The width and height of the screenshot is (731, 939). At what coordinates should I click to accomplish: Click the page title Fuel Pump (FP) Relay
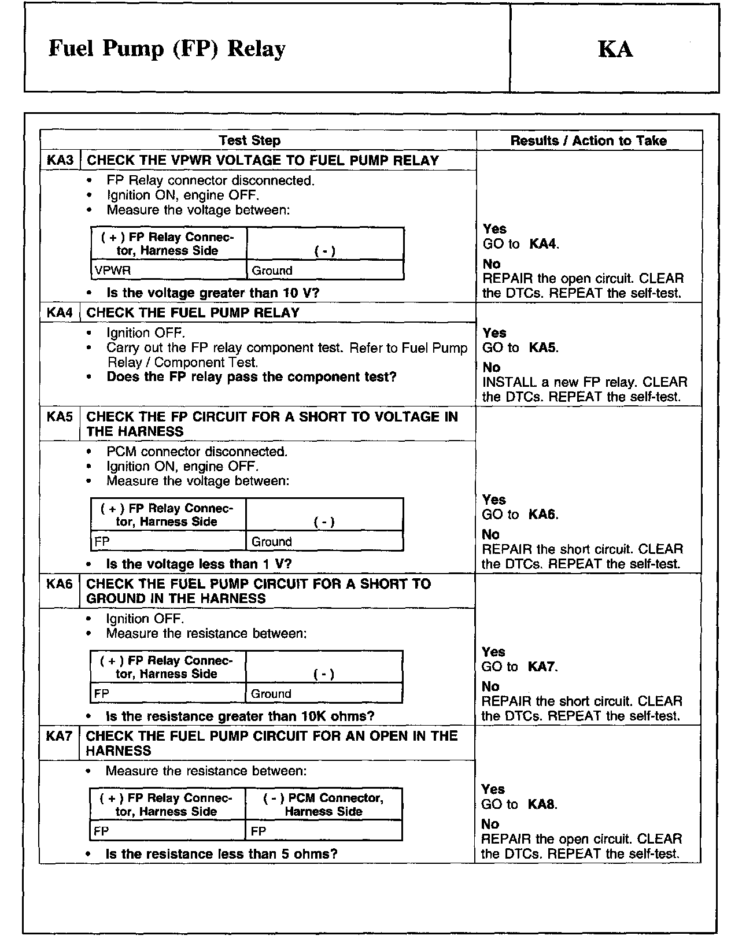click(167, 49)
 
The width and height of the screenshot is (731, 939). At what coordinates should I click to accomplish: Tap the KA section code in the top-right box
click(615, 49)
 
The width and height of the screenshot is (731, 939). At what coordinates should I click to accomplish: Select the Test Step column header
click(249, 141)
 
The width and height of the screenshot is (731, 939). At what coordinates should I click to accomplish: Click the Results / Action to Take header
click(588, 141)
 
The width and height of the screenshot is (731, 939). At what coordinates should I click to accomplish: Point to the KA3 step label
click(60, 160)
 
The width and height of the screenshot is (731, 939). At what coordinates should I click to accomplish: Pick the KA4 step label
click(60, 313)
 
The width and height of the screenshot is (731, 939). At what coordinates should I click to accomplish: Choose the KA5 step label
click(60, 416)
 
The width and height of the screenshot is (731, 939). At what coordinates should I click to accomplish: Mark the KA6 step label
click(60, 583)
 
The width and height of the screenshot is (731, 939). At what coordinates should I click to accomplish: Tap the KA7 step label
click(60, 736)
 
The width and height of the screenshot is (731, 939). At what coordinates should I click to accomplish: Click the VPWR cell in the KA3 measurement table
click(113, 271)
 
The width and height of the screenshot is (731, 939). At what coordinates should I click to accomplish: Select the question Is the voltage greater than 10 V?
click(212, 293)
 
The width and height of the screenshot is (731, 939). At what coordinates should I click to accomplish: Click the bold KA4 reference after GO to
click(543, 244)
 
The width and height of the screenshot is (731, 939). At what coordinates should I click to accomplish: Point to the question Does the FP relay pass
click(251, 377)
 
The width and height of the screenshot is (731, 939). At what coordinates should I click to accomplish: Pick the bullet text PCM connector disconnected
click(197, 452)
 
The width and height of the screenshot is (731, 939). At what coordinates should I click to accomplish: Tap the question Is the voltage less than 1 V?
click(198, 564)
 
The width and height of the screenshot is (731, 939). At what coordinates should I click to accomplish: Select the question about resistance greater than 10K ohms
click(239, 716)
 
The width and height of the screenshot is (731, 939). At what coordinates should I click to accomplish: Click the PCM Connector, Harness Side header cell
click(323, 804)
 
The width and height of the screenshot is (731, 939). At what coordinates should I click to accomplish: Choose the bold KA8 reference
click(541, 804)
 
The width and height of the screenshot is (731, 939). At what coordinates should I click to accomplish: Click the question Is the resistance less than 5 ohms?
click(221, 854)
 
